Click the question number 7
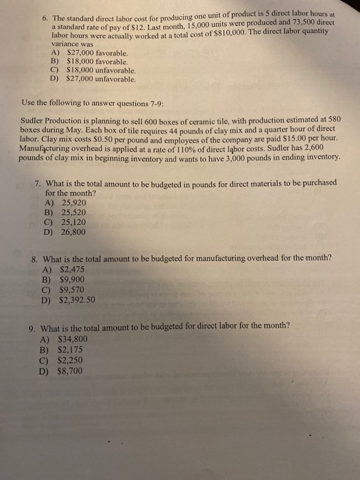(x=37, y=183)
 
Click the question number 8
(x=34, y=259)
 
